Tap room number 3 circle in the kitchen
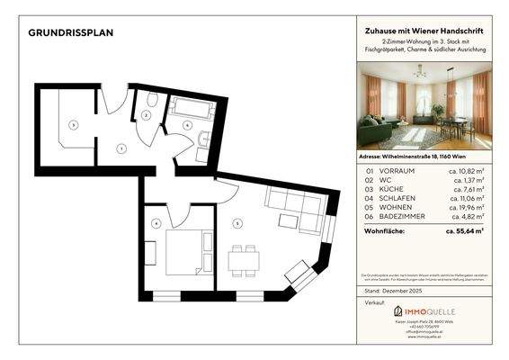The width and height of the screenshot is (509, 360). (x=74, y=124)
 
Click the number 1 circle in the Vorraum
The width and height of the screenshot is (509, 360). (x=121, y=148)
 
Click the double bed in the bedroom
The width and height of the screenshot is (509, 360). (x=187, y=252)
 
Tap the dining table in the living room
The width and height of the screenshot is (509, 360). (x=243, y=261)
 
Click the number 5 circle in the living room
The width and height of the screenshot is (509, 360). (x=237, y=222)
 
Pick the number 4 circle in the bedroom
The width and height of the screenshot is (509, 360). (x=156, y=223)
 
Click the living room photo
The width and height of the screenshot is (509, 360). (x=425, y=109)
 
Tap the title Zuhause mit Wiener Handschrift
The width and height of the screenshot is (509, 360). (x=426, y=31)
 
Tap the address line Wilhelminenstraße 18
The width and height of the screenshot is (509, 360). (x=425, y=156)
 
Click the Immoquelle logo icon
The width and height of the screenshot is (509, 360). (x=398, y=311)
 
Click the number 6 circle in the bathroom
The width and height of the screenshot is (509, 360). (x=187, y=125)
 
